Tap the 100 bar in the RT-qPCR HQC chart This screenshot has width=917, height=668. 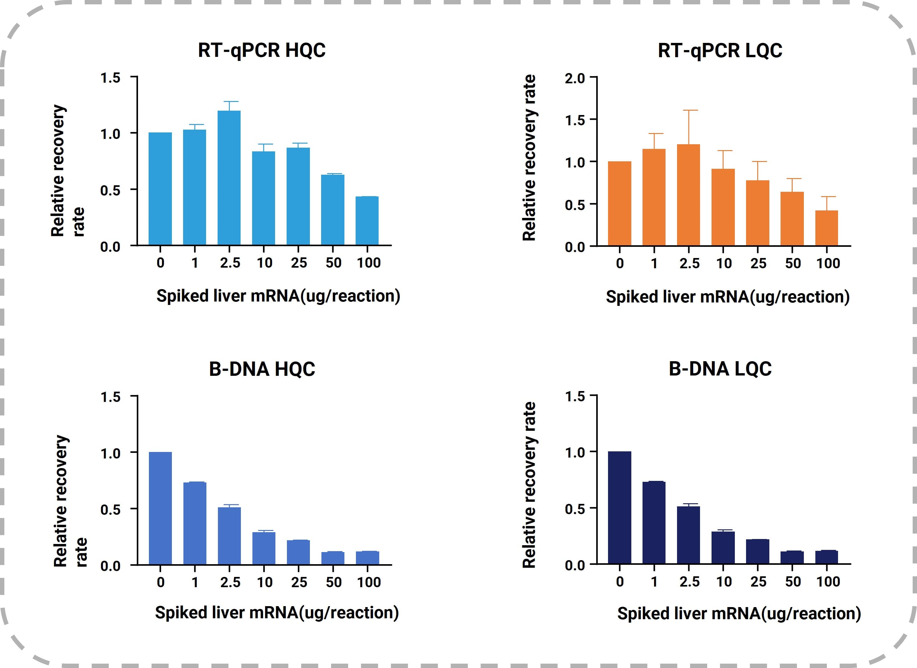(367, 221)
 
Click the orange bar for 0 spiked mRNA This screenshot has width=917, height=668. (620, 203)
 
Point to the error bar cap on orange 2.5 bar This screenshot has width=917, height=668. (689, 110)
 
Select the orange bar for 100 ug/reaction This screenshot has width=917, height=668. (827, 228)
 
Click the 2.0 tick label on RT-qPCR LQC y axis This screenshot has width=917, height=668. (574, 78)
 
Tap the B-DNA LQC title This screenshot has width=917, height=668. (720, 369)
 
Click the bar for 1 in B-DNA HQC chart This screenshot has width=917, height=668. (195, 523)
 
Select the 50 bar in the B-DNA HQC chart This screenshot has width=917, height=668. (333, 558)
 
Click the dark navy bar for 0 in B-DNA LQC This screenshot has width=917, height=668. (620, 508)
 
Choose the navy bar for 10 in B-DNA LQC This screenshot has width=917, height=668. (723, 547)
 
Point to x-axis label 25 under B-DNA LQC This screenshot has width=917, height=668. (758, 582)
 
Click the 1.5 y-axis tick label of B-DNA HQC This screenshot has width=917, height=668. (110, 397)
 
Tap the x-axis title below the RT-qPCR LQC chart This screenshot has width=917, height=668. (727, 297)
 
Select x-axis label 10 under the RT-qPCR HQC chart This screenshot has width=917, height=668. (265, 263)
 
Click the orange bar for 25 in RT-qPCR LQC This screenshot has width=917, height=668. (757, 213)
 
